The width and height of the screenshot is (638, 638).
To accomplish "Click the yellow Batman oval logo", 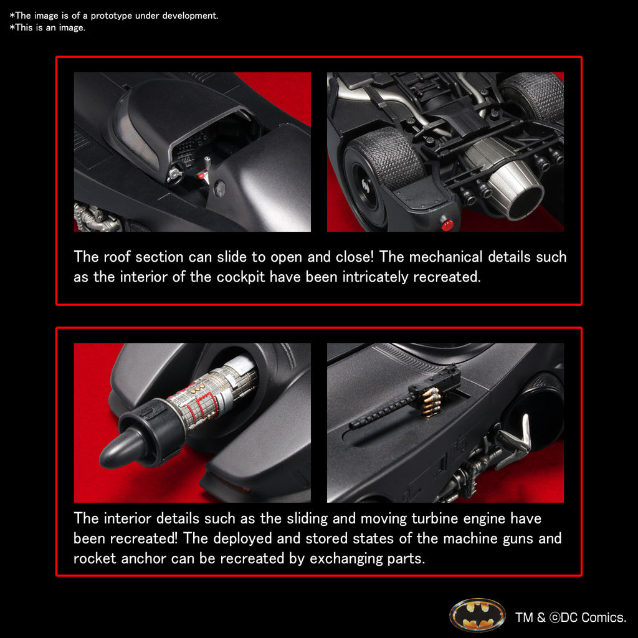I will (x=477, y=616).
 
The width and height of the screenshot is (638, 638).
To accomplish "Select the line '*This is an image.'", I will (x=47, y=27).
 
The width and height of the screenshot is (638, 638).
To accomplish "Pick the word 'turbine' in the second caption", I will (x=434, y=518).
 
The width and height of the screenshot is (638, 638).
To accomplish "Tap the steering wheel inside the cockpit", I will (x=175, y=177).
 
